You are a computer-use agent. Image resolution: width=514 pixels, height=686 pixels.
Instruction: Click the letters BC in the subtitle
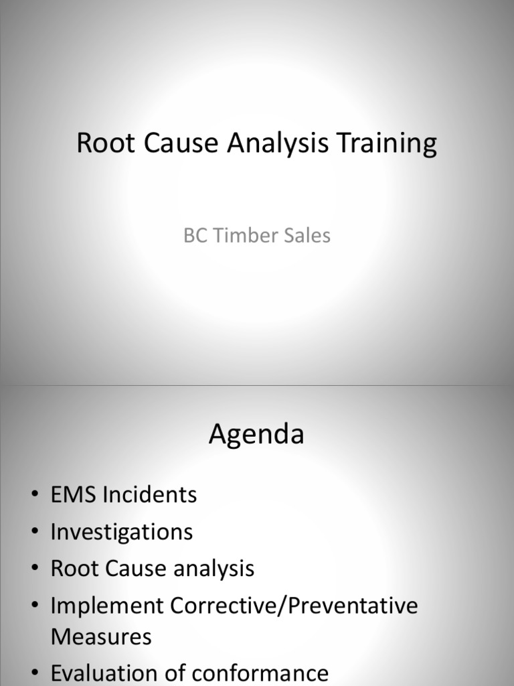[x=193, y=236]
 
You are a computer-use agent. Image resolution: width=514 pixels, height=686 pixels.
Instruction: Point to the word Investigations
[x=121, y=533]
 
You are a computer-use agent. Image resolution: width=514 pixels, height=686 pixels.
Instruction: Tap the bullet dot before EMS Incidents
[x=34, y=496]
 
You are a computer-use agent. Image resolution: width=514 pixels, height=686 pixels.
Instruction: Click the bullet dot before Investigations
[x=34, y=533]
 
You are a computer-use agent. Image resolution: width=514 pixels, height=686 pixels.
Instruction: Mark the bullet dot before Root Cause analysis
[x=34, y=569]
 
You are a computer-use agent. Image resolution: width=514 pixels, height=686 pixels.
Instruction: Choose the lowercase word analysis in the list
[x=212, y=569]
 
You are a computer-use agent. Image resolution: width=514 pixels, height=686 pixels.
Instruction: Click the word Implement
[x=107, y=606]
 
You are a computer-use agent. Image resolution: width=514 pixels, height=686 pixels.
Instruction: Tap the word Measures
[x=101, y=636]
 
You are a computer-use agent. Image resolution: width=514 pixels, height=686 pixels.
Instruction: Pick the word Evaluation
[x=108, y=673]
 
